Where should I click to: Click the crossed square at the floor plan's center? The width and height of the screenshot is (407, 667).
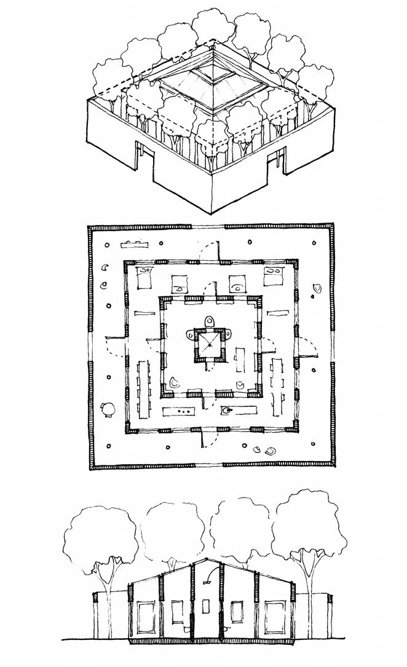pyautogui.click(x=210, y=346)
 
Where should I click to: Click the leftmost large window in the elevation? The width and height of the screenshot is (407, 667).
pyautogui.click(x=147, y=618)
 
